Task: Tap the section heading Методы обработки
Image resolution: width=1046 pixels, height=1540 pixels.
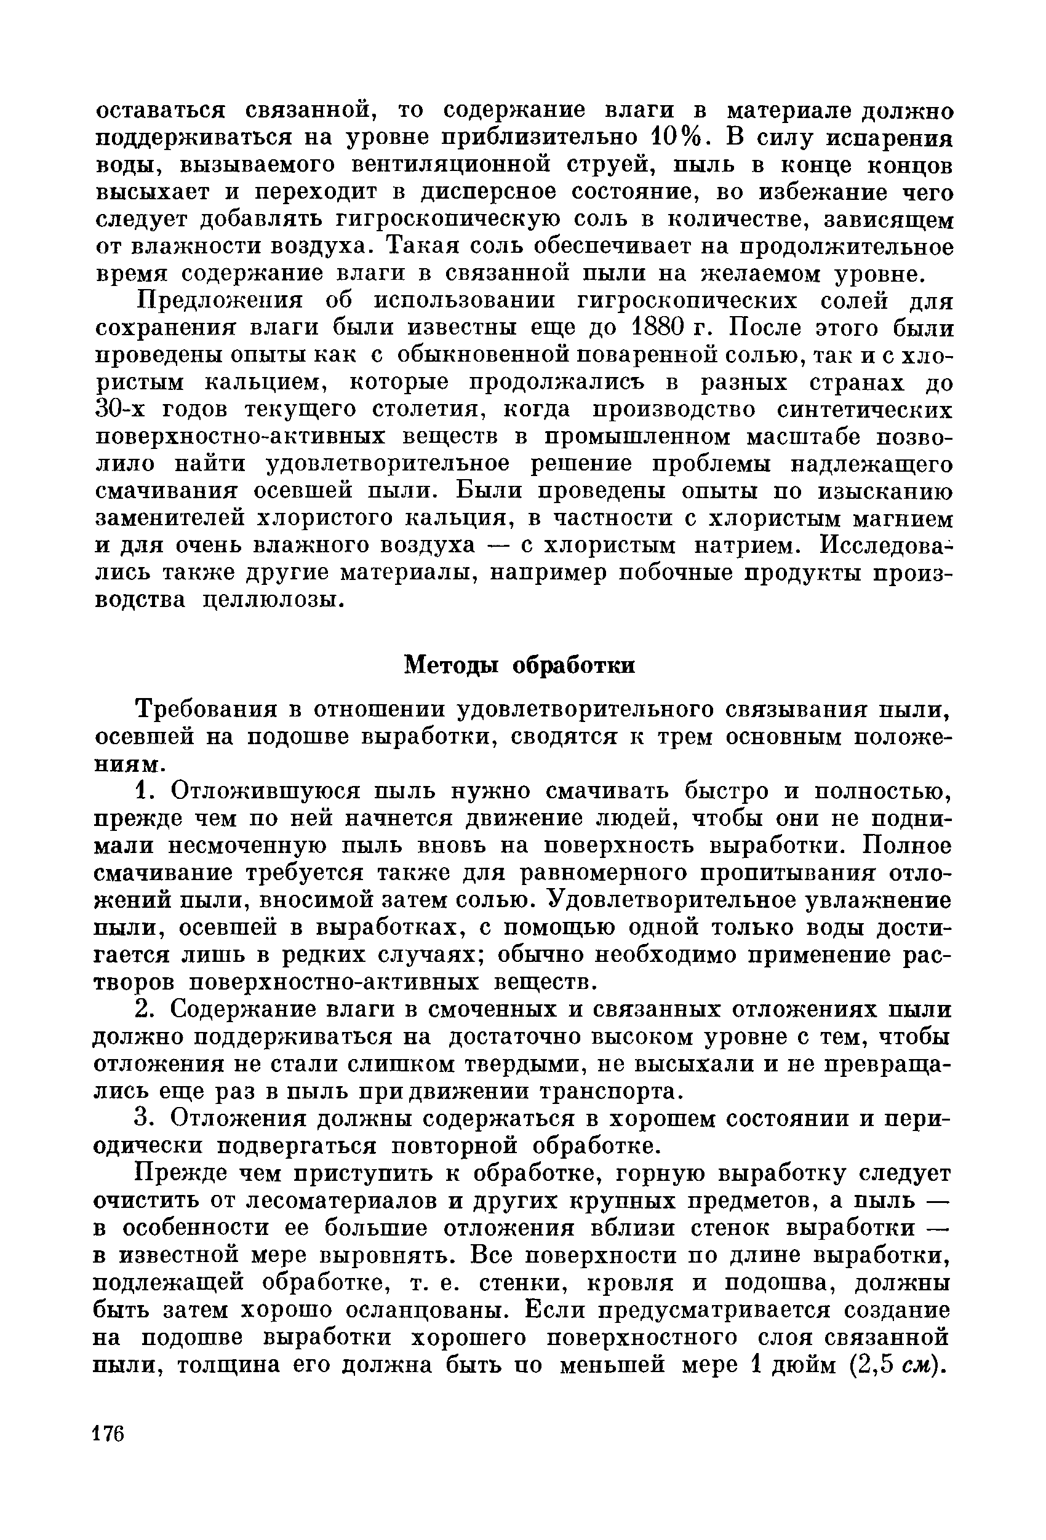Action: pyautogui.click(x=520, y=665)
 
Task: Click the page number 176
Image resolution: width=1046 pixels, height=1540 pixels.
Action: pyautogui.click(x=108, y=1434)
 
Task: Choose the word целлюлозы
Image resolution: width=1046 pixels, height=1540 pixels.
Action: pyautogui.click(x=272, y=600)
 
